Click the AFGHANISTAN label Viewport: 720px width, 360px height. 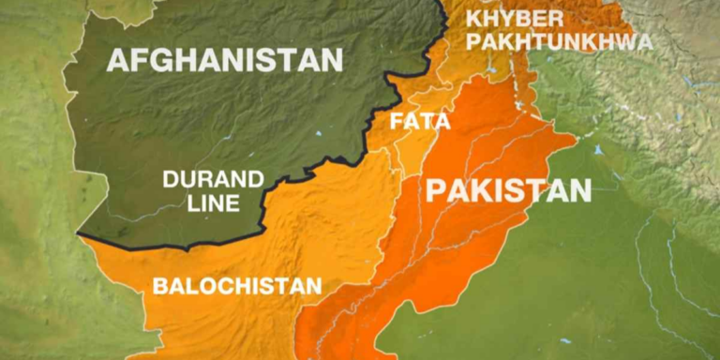[225, 61]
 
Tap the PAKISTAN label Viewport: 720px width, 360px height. [509, 190]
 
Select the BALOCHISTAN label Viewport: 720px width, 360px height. [237, 286]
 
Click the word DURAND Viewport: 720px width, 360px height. [214, 179]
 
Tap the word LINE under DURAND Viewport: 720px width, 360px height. [213, 202]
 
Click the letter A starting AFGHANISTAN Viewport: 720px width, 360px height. [118, 61]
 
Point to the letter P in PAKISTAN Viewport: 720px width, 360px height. [435, 190]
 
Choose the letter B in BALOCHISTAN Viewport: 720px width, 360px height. [160, 286]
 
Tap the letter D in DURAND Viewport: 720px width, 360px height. [172, 179]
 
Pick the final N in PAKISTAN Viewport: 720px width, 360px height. [581, 190]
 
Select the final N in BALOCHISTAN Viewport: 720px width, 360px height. [314, 286]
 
